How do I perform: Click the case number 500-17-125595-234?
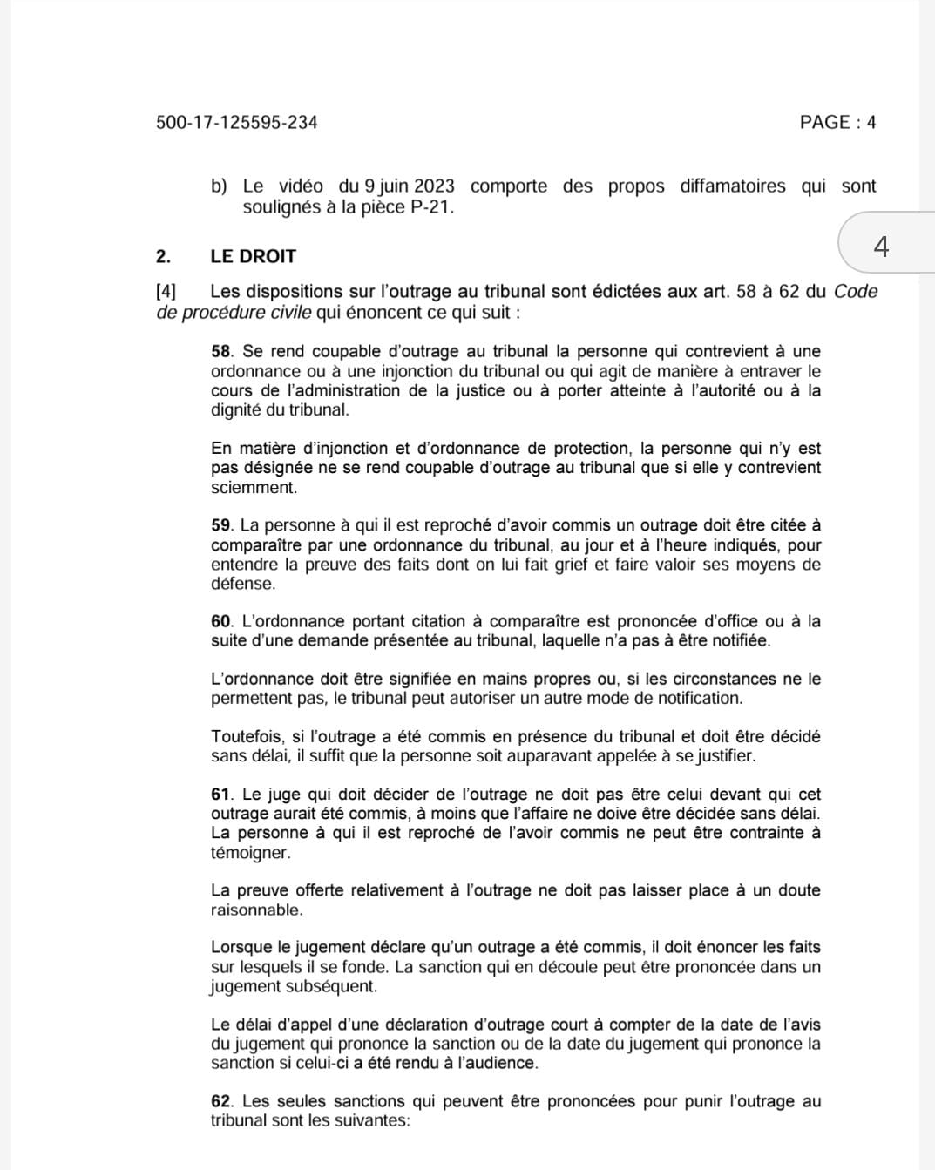(237, 123)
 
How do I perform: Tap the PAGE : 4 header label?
(837, 123)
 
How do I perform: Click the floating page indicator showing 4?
(881, 247)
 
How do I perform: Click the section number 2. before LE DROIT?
(164, 257)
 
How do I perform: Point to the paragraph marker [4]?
(166, 292)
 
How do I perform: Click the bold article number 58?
(222, 352)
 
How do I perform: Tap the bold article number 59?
(221, 525)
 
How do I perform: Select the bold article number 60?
(222, 622)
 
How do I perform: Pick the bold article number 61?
(222, 795)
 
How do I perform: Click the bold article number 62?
(222, 1101)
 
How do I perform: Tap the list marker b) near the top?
(219, 186)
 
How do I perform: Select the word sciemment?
(254, 488)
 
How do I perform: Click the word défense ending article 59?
(242, 584)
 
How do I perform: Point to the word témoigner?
(250, 853)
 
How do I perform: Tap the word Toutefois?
(247, 737)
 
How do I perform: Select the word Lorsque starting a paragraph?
(241, 948)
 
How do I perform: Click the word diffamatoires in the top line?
(732, 186)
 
